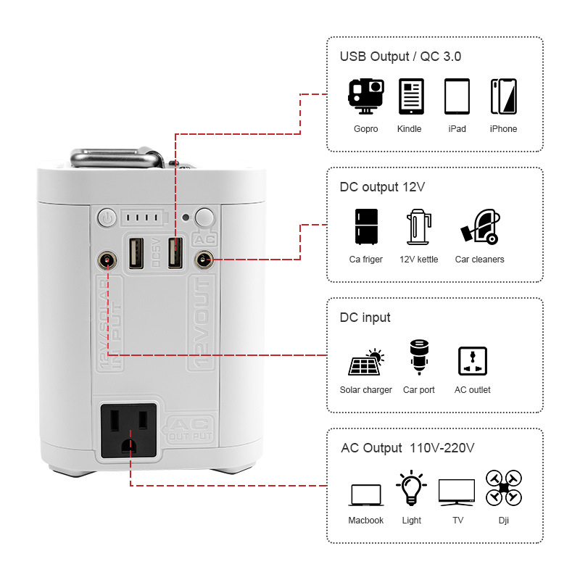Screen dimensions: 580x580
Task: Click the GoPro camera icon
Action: [365, 96]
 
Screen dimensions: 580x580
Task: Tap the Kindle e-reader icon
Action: [410, 96]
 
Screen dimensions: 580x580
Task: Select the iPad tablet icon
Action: [457, 96]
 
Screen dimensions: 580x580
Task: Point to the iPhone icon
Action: [503, 96]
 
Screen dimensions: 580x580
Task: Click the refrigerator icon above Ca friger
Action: [365, 226]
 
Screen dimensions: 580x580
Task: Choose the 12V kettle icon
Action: [419, 226]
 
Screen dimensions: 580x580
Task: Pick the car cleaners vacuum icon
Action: [479, 226]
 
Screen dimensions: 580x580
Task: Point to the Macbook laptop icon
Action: [365, 495]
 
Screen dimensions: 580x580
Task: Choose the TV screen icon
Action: [457, 492]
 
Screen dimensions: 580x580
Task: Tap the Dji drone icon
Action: [504, 487]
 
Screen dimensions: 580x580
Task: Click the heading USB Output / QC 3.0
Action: [400, 57]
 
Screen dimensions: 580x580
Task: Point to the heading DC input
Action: [365, 318]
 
